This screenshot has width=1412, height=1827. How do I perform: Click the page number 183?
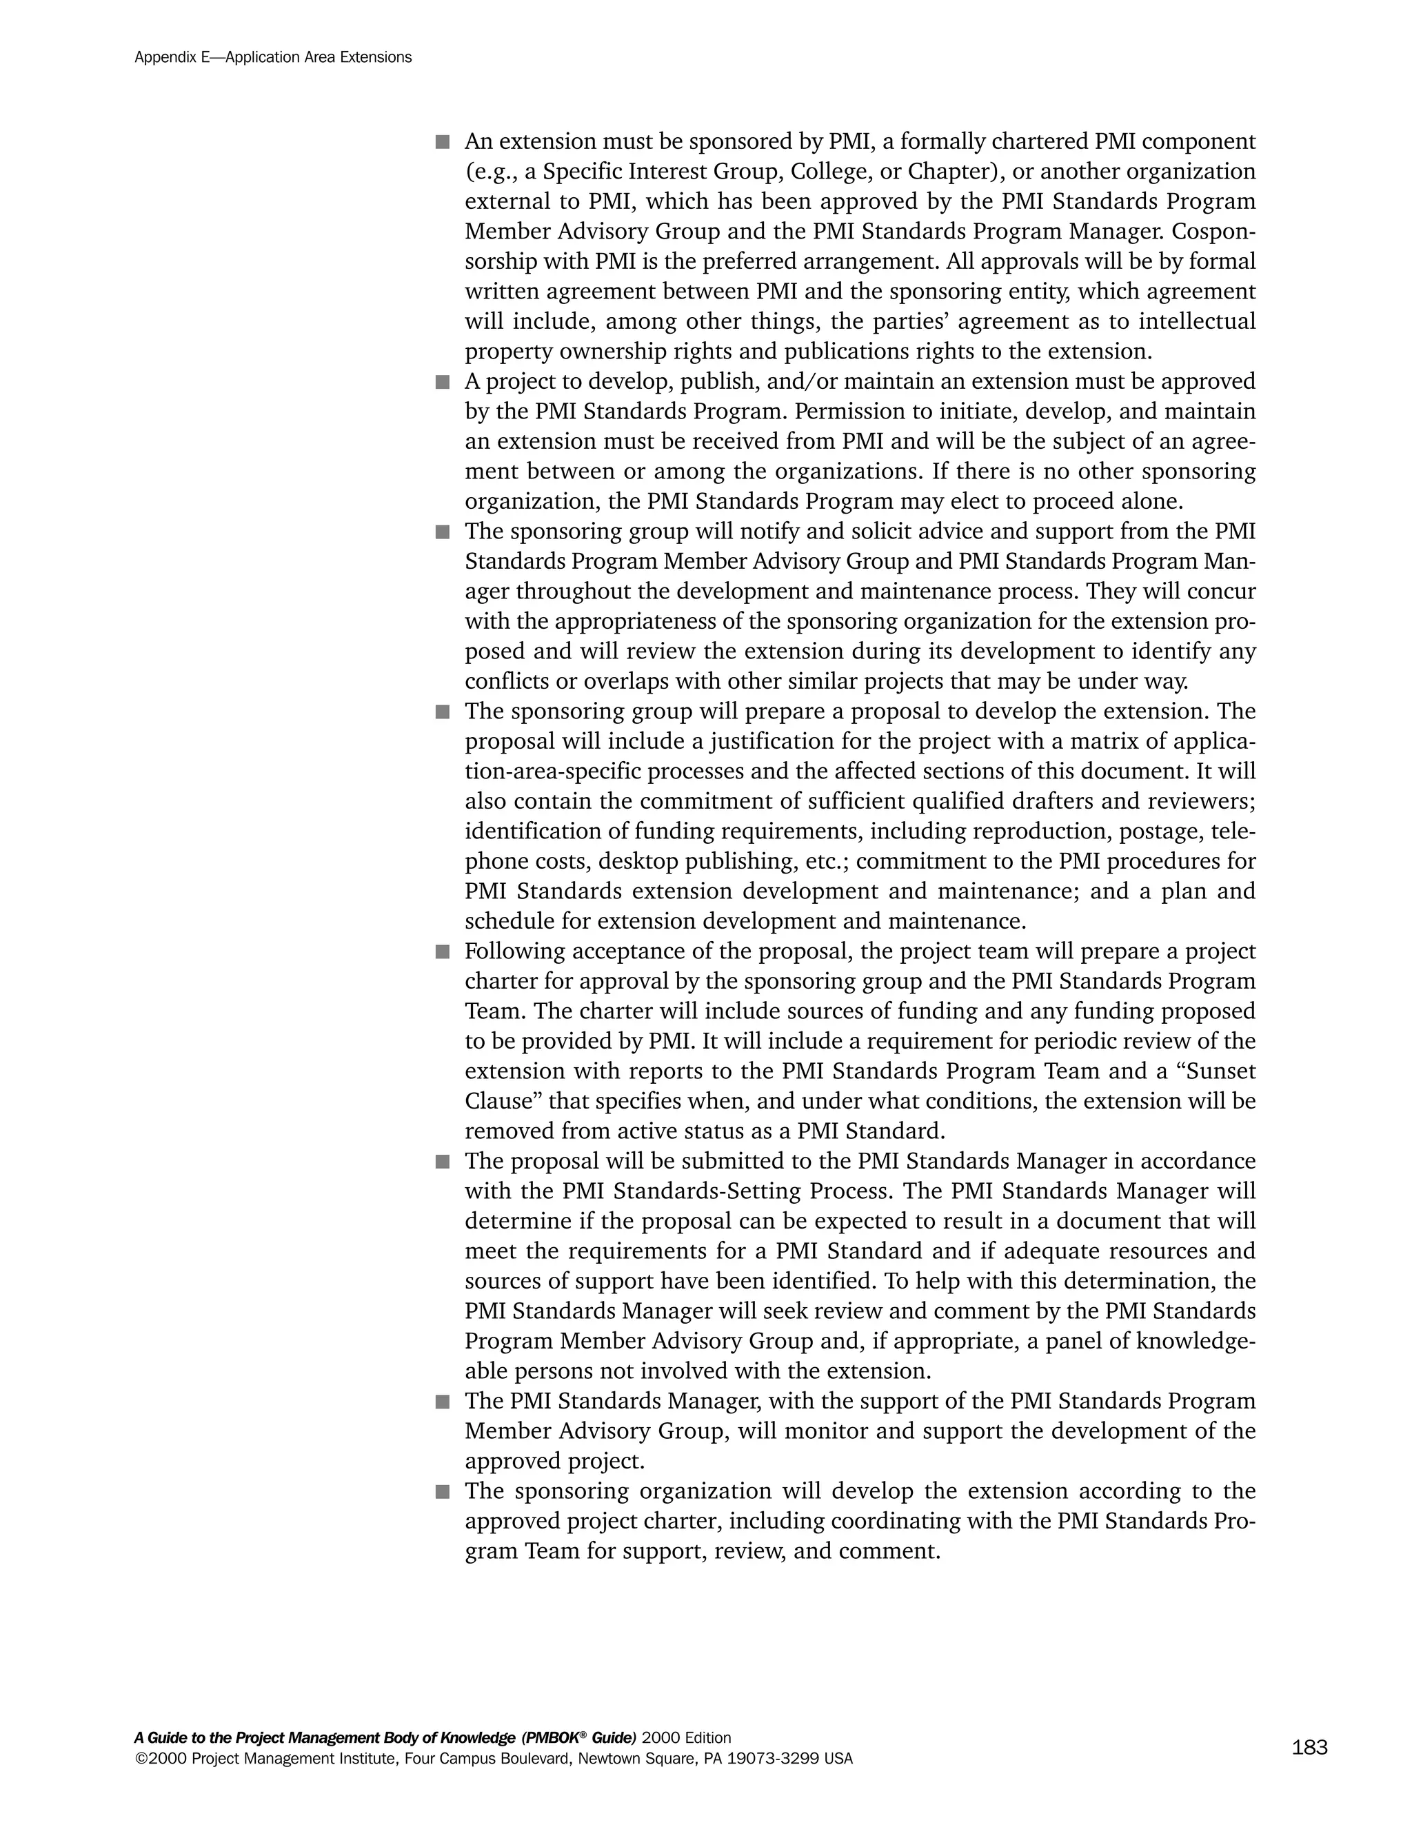(1309, 1747)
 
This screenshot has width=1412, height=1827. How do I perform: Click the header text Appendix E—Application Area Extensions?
(273, 58)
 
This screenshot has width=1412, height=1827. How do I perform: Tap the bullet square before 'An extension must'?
(443, 142)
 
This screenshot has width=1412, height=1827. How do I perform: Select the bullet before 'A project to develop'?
(443, 383)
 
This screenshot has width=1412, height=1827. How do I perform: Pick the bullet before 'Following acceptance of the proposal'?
(443, 952)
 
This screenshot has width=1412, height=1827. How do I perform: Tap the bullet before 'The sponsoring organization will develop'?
(443, 1491)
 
